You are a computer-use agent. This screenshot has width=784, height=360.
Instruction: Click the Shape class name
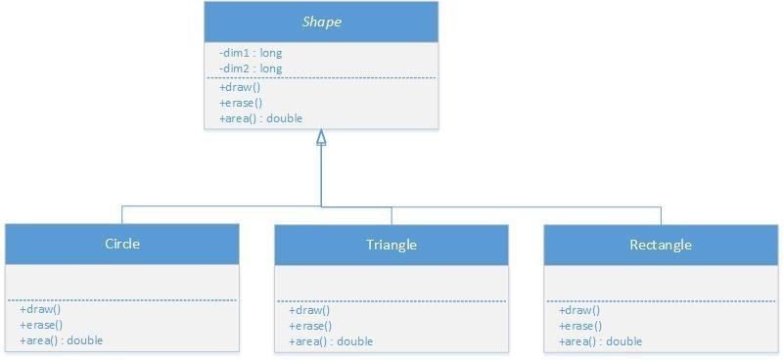point(320,21)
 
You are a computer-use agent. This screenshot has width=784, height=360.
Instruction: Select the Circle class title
point(121,244)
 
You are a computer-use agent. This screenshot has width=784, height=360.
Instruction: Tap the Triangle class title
point(391,245)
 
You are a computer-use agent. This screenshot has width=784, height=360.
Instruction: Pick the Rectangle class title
point(661,245)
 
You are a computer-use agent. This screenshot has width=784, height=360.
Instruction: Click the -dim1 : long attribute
point(251,52)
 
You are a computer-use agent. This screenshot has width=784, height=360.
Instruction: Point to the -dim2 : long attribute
point(251,68)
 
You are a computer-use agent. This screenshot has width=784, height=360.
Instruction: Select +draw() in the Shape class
point(240,87)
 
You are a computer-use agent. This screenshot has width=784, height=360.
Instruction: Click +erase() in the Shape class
point(242,103)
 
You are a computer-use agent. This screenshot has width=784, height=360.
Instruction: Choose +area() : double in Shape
point(261,118)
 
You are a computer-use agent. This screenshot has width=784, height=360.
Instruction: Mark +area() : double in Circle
point(62,340)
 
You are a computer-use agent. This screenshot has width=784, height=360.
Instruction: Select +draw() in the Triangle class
point(309,310)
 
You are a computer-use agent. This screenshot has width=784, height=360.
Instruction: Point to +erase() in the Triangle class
point(311,326)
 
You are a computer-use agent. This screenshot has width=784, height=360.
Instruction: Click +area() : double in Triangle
point(331,341)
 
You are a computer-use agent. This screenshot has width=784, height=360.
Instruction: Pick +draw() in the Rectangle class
point(579,310)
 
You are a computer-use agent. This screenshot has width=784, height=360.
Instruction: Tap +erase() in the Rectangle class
point(581,326)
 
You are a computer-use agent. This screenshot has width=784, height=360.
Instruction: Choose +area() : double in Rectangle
point(601,341)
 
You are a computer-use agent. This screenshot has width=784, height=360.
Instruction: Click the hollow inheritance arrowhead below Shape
point(321,138)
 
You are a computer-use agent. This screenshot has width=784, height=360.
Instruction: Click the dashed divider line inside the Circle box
point(121,300)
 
